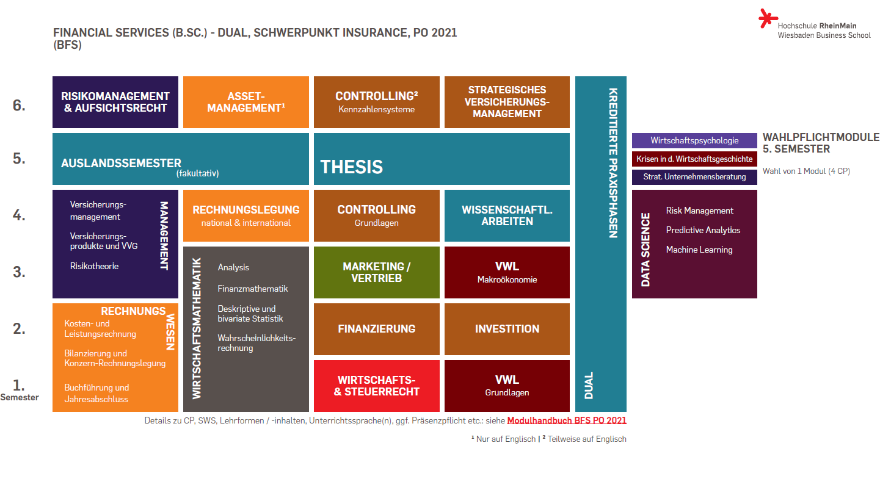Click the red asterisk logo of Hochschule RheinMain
click(x=768, y=18)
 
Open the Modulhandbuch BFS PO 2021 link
click(x=567, y=420)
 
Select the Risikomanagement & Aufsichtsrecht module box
click(x=115, y=102)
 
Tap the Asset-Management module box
click(x=246, y=102)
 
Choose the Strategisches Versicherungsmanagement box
click(x=507, y=102)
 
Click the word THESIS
click(x=352, y=167)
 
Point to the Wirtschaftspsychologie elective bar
click(x=694, y=141)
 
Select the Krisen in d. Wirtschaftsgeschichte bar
click(x=694, y=159)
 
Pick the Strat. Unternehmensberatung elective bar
click(x=694, y=177)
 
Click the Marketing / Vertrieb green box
click(x=377, y=272)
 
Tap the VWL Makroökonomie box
click(x=507, y=272)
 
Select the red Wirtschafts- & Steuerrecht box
click(x=377, y=386)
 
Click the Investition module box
click(x=507, y=330)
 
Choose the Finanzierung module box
click(x=377, y=330)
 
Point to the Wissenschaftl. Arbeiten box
click(x=507, y=215)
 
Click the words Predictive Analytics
click(x=703, y=230)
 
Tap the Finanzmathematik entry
click(x=253, y=289)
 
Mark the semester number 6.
click(x=19, y=106)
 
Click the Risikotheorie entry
click(x=94, y=266)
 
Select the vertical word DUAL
click(x=589, y=385)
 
